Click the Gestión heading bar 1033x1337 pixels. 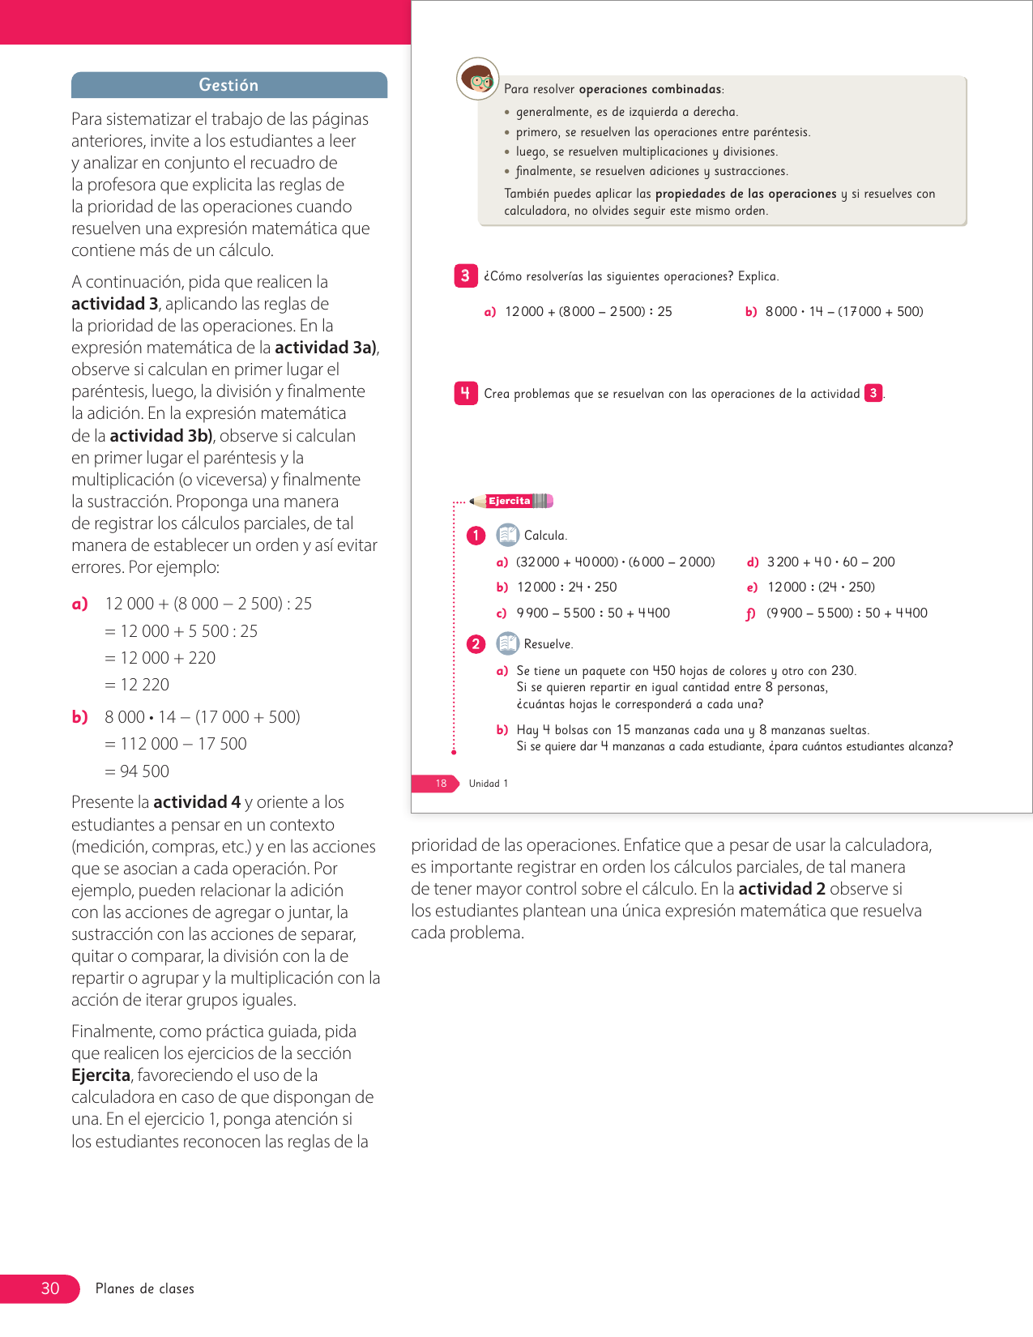click(228, 85)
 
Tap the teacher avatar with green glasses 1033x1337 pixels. click(478, 79)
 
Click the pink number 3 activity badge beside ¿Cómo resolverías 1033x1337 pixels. click(465, 276)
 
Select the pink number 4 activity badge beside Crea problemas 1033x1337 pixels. click(465, 394)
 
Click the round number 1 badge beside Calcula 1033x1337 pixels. click(476, 536)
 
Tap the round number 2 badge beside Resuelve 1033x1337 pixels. click(476, 644)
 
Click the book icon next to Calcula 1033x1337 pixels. click(507, 535)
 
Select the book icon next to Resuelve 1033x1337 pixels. click(507, 643)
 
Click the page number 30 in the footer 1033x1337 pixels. click(50, 1288)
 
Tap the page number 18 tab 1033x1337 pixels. click(441, 784)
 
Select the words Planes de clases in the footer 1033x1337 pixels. click(145, 1288)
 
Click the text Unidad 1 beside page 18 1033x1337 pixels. click(489, 784)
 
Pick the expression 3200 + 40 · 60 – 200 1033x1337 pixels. click(830, 562)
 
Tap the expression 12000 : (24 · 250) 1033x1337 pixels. click(821, 587)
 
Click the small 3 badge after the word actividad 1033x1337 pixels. click(873, 394)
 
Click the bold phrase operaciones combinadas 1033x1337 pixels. click(650, 89)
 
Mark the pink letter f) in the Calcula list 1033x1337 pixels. click(750, 614)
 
